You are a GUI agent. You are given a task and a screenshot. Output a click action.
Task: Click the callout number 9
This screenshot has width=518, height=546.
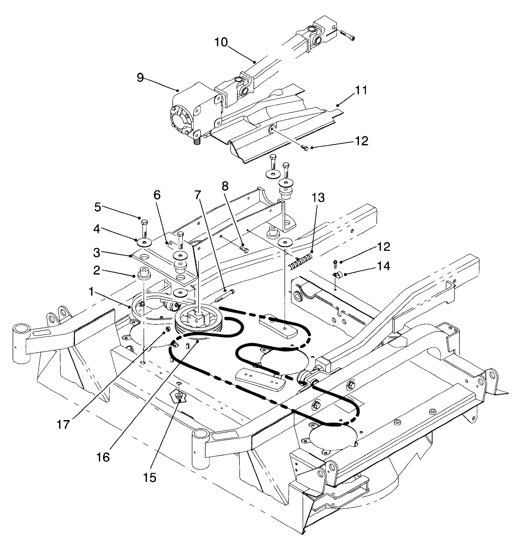(x=139, y=78)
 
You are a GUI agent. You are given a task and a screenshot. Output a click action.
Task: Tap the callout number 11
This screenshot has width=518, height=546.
(x=360, y=91)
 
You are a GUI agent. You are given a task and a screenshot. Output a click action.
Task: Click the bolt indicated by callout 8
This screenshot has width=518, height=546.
(x=243, y=249)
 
